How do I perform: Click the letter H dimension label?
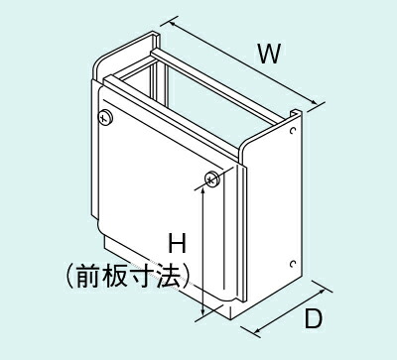[x=178, y=241]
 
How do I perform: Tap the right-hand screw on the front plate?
[x=210, y=179]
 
